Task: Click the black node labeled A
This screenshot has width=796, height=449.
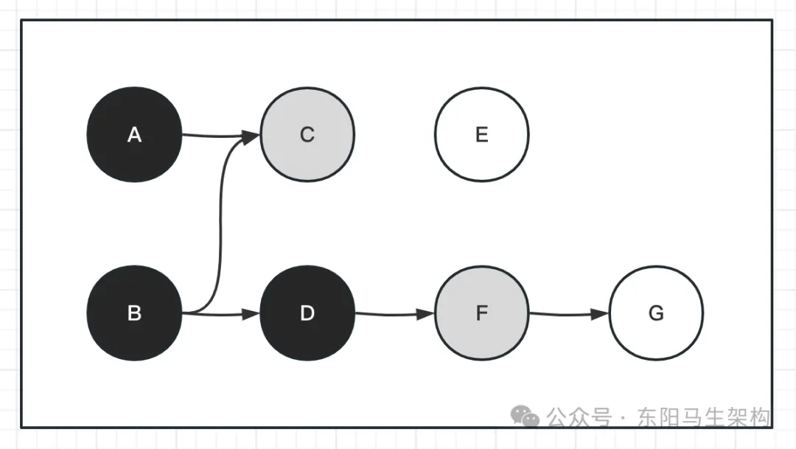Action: (134, 135)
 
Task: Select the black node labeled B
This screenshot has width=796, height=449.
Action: (134, 313)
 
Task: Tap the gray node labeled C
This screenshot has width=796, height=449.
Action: (307, 135)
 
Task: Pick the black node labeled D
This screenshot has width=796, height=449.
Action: (307, 313)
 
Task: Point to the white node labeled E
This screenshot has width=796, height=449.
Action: (481, 135)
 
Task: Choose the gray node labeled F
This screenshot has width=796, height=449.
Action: (481, 313)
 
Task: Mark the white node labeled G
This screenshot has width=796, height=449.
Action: (656, 313)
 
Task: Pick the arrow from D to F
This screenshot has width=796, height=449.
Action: (391, 314)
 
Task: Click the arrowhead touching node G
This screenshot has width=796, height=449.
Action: (601, 314)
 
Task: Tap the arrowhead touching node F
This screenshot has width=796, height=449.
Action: (426, 314)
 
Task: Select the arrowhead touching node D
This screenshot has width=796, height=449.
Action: (252, 315)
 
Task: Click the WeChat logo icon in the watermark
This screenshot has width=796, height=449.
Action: (526, 417)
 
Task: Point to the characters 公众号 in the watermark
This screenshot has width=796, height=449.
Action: (579, 418)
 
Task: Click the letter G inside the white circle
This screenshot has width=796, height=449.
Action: (656, 313)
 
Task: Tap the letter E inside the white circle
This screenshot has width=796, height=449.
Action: (481, 135)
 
